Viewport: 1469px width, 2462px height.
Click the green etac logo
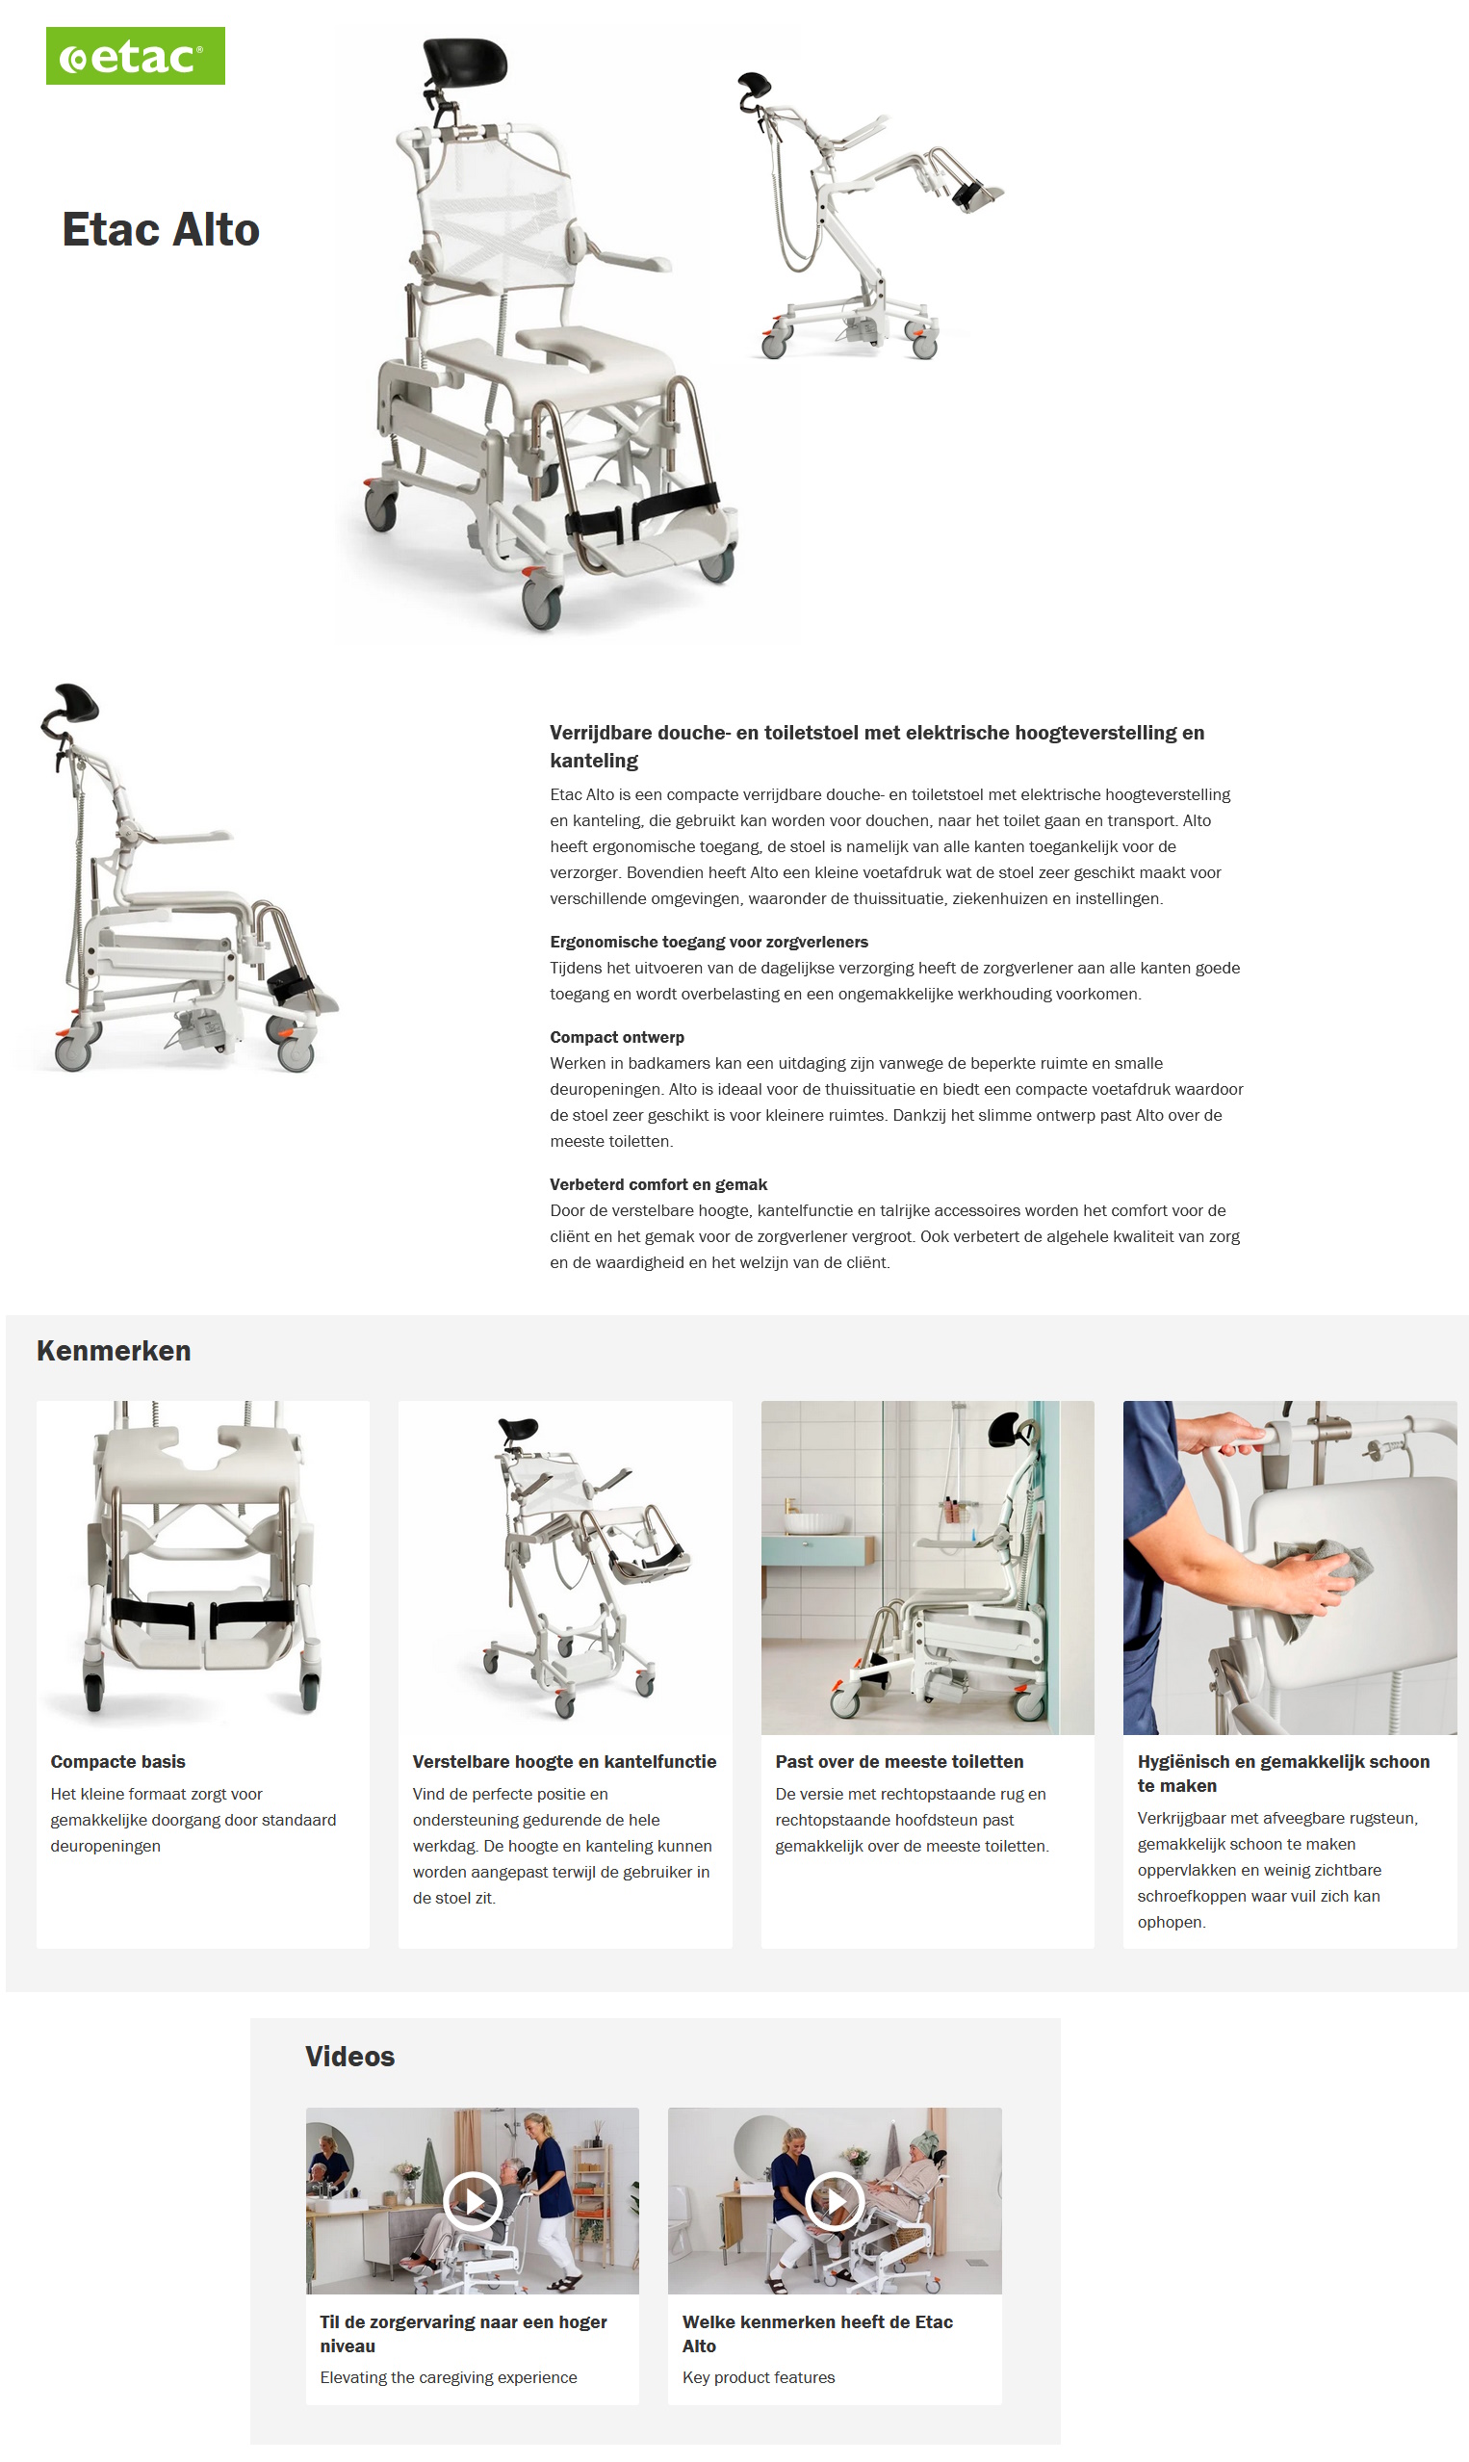135,57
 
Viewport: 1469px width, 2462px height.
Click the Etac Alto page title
161,230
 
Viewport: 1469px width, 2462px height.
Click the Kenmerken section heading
114,1350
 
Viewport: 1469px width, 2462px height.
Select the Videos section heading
349,2056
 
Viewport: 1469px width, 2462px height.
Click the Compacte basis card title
117,1761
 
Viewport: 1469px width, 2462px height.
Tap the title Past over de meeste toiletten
899,1761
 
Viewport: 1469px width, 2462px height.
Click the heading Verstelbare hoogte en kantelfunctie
564,1761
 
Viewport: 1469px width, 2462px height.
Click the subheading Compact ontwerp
617,1036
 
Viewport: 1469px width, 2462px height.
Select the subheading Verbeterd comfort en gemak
658,1184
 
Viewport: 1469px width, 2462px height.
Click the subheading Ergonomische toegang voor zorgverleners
709,942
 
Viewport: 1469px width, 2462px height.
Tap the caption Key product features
759,2377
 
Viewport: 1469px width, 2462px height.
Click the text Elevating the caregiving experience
449,2377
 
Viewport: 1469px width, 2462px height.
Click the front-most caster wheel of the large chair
543,605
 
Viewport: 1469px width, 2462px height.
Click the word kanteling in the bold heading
594,761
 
